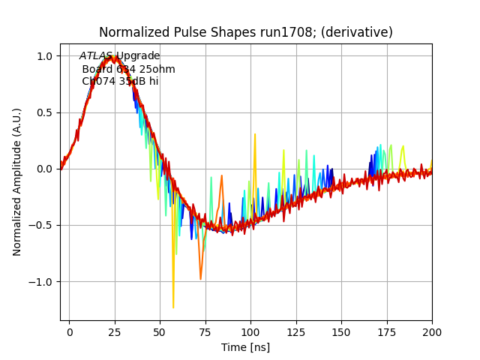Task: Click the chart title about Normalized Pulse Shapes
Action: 246,32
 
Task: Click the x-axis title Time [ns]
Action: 246,347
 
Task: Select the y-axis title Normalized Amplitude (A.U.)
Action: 17,182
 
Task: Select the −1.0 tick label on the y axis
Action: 42,282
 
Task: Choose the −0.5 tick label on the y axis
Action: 42,226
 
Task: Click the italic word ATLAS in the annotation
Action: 96,56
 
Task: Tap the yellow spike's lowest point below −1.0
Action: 173,307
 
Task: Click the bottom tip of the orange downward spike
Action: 201,279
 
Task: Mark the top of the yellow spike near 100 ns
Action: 255,134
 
